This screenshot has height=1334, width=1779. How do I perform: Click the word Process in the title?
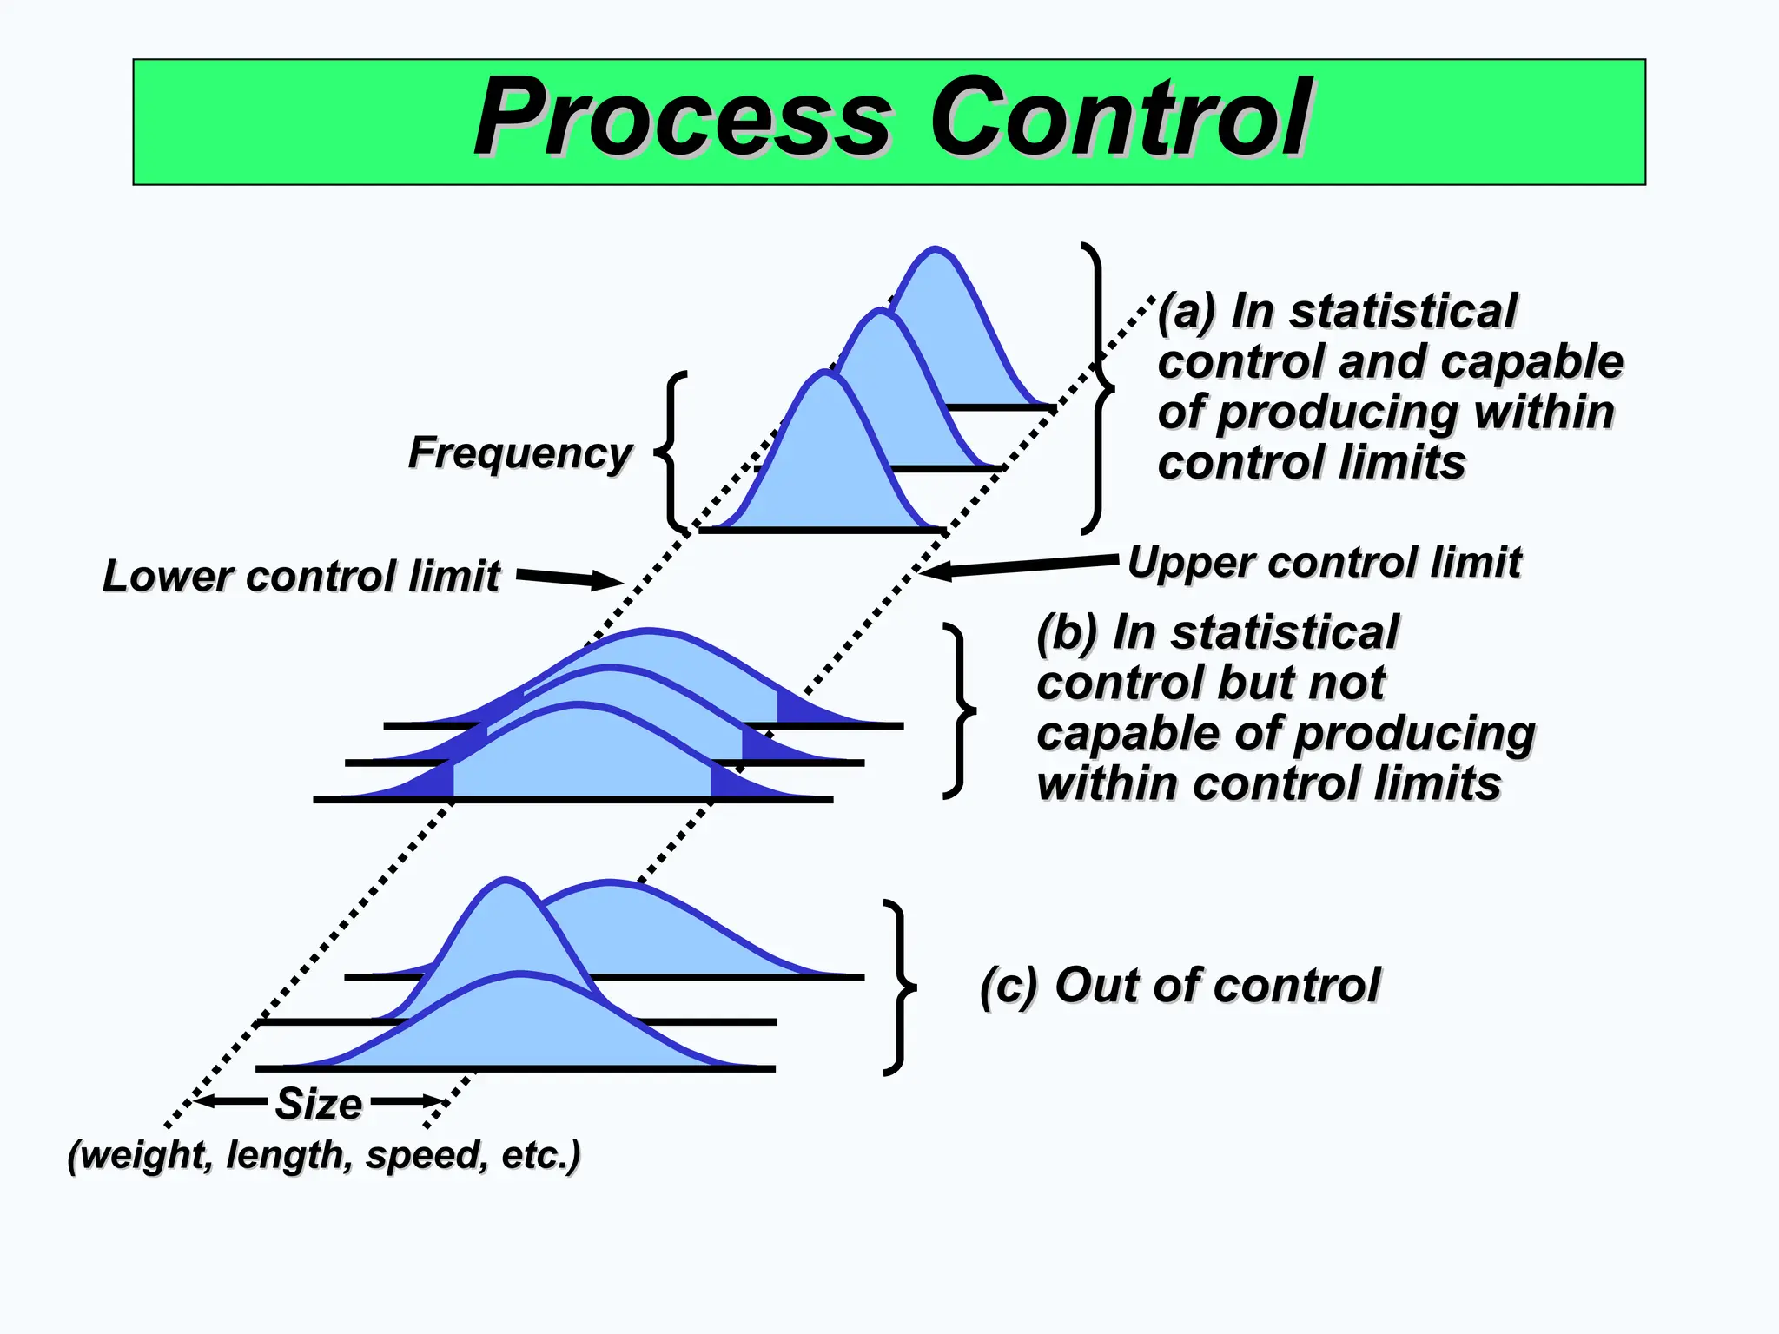tap(683, 118)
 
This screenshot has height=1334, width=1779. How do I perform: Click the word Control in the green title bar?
tap(1120, 118)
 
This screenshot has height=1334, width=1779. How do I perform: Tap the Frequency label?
tap(519, 452)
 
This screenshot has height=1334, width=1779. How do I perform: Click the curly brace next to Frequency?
tap(671, 452)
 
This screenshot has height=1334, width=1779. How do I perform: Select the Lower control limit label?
tap(301, 576)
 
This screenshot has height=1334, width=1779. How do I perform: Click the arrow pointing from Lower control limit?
tap(570, 578)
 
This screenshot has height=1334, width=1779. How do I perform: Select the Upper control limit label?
tap(1324, 562)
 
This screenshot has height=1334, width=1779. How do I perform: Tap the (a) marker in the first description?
tap(1187, 311)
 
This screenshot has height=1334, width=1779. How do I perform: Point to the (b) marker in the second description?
tap(1068, 632)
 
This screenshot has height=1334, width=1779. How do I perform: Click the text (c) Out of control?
tap(1180, 985)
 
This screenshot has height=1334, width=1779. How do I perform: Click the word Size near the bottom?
tap(319, 1104)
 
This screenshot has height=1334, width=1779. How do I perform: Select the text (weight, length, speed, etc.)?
tap(324, 1155)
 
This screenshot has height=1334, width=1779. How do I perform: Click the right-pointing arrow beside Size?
tap(408, 1101)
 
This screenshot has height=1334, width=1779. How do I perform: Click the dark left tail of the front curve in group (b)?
tap(431, 783)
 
